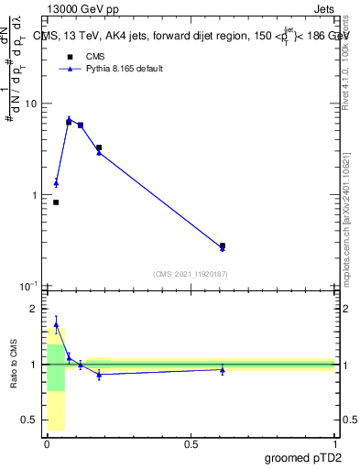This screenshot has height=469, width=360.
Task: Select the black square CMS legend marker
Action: [x=70, y=56]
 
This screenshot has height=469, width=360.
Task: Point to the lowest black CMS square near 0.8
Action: [x=56, y=202]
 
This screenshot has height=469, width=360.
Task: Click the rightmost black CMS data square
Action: [x=223, y=245]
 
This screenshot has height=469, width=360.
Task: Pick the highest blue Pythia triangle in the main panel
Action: [x=69, y=119]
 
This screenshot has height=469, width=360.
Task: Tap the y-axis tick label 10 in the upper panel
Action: [x=30, y=104]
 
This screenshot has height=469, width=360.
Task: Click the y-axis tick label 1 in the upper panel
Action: [x=33, y=195]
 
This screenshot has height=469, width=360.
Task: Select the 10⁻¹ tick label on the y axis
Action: [x=27, y=287]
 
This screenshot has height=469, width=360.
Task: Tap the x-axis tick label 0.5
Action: [x=191, y=444]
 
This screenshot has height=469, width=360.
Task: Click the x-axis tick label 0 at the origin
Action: [x=48, y=444]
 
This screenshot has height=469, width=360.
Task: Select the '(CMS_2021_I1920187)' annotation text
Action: [x=190, y=274]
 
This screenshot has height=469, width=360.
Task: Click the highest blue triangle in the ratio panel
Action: [x=56, y=324]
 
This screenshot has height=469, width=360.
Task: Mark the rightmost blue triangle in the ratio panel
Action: [x=223, y=369]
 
